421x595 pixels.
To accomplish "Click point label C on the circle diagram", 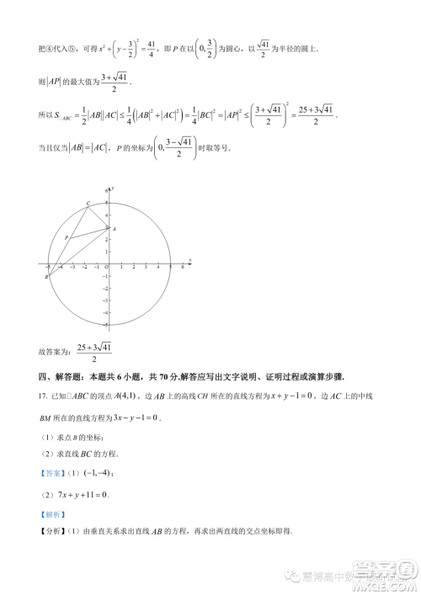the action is pos(88,203).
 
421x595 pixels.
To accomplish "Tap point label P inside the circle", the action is pos(66,238).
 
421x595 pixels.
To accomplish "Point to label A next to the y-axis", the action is pos(114,228).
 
